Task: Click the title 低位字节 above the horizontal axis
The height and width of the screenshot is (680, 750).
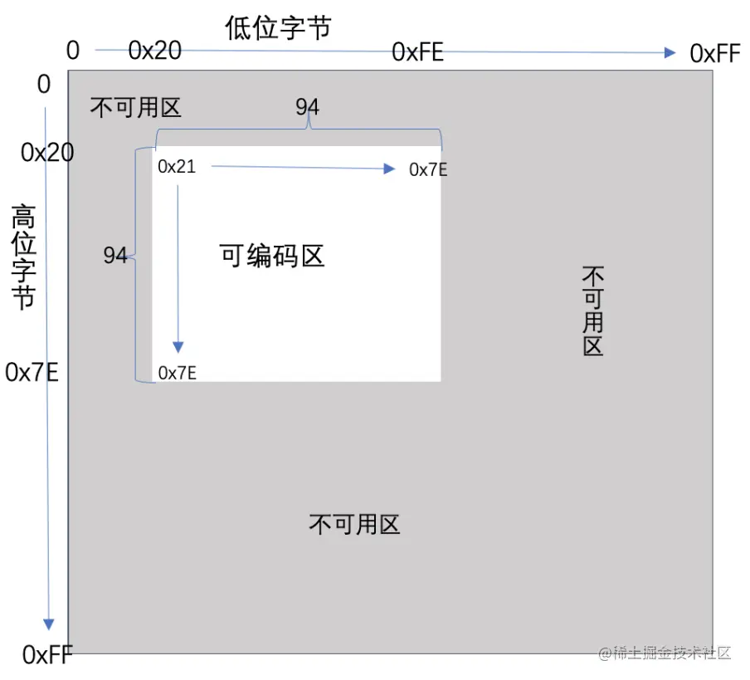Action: (x=278, y=28)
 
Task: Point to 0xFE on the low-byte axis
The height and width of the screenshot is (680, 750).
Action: (x=417, y=53)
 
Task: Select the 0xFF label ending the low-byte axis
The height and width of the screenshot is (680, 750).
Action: (x=714, y=54)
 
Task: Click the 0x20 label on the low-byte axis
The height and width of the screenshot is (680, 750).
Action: (x=155, y=51)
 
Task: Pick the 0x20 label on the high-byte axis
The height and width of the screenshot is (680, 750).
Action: (x=47, y=153)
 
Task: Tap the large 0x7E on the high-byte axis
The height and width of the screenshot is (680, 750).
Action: (x=32, y=372)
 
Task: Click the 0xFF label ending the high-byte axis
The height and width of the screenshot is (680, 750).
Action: (x=47, y=655)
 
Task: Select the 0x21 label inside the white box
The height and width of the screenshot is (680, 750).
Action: (x=177, y=167)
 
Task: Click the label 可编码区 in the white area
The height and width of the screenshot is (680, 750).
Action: (x=271, y=256)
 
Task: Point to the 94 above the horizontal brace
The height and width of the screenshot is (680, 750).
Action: (x=307, y=107)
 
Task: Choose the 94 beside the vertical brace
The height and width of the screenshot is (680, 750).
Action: (x=115, y=256)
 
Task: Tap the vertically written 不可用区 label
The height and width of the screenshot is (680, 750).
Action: (x=592, y=311)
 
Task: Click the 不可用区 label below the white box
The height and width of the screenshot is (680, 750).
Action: (x=354, y=525)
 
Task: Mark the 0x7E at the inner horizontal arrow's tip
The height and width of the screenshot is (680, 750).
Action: (x=428, y=170)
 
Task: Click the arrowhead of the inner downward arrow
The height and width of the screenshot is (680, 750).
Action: (x=178, y=347)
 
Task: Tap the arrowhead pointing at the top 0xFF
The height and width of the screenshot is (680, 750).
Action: (x=670, y=53)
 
